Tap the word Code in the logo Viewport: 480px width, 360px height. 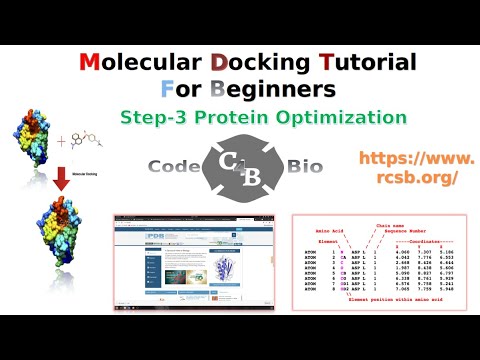[174, 166]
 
